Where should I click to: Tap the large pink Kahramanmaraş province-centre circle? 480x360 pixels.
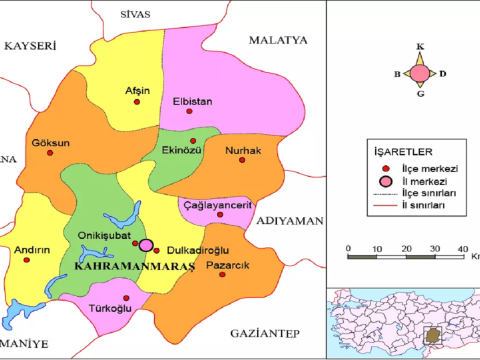147,245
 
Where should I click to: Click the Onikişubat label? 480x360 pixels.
102,235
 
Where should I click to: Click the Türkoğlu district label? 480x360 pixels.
112,310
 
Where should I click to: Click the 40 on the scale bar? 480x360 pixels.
462,247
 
